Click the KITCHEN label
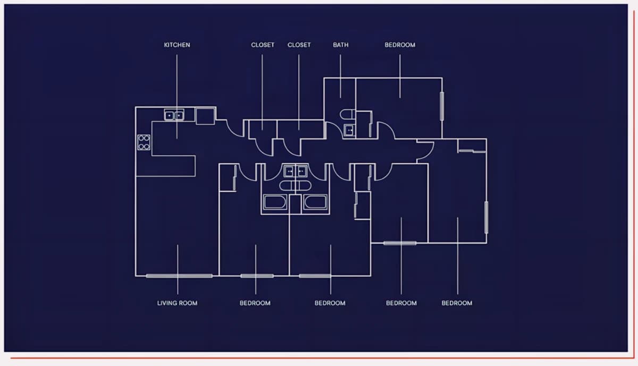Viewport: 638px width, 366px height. pos(177,45)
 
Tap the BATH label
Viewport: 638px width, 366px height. pos(341,45)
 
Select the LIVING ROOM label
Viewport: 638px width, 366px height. pos(177,303)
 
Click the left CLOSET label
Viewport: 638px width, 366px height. pos(263,45)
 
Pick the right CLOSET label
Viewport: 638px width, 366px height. pos(299,45)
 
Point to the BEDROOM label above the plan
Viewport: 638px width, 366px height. pos(400,45)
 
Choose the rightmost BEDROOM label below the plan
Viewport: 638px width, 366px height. pos(457,303)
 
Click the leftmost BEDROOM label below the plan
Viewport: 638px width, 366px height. pos(255,303)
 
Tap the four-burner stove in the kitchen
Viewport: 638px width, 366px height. pos(144,143)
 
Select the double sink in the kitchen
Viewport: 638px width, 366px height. pos(174,115)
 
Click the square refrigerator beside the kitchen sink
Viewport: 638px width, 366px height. pos(205,116)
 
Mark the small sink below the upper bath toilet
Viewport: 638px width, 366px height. pos(349,130)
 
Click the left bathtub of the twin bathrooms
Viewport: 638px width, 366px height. pos(275,202)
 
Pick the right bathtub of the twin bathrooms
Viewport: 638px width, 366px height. pos(315,202)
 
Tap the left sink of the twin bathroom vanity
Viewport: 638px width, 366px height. pos(289,171)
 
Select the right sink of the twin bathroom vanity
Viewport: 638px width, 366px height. pos(301,171)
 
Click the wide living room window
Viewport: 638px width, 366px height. pos(179,276)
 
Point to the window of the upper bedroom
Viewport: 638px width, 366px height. pos(442,106)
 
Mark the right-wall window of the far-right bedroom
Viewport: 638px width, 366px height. pos(486,218)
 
